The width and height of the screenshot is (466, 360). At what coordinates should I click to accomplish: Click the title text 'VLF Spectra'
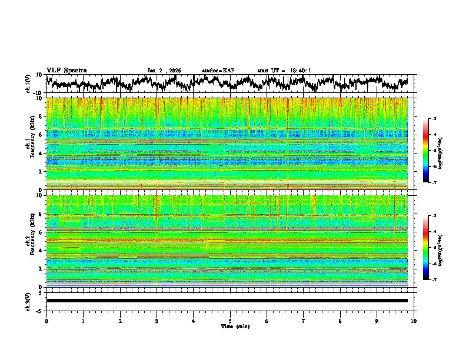(66, 70)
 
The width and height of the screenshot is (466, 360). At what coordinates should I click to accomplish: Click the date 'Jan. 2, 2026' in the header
(164, 71)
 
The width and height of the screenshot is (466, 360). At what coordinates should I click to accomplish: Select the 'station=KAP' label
(218, 71)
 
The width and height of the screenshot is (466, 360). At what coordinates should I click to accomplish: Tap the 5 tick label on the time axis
(230, 321)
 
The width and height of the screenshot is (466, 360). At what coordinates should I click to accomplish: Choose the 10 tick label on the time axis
(414, 321)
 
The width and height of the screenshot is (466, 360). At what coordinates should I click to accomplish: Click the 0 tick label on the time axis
(46, 321)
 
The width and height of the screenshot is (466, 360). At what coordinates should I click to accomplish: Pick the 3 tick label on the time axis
(157, 321)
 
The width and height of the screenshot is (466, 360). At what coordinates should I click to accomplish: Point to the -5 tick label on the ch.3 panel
(40, 309)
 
